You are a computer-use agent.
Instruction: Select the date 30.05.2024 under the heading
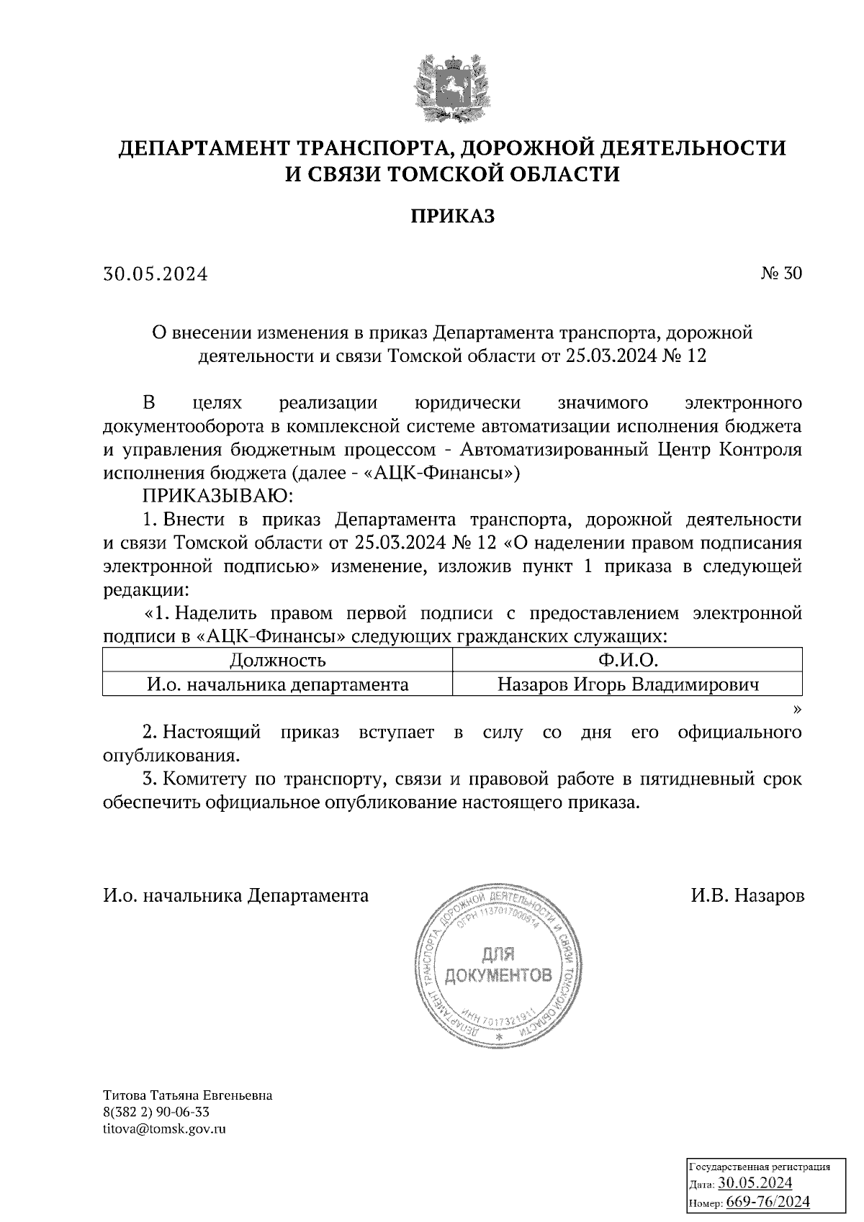click(156, 274)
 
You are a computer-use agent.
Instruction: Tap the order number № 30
click(780, 273)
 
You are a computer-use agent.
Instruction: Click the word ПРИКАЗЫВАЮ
click(218, 496)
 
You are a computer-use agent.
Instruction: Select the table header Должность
click(277, 660)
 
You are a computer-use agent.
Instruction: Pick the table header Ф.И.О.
click(627, 660)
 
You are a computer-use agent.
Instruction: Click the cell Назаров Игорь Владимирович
click(628, 684)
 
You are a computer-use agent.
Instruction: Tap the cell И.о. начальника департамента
click(278, 684)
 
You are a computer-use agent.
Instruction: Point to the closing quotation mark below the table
click(797, 710)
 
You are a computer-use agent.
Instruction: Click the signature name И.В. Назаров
click(747, 896)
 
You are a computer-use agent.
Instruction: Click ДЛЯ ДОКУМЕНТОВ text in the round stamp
click(498, 966)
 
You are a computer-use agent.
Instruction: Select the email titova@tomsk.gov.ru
click(165, 1129)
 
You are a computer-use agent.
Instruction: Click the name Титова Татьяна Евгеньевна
click(188, 1096)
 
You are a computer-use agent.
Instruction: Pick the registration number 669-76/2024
click(768, 1201)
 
